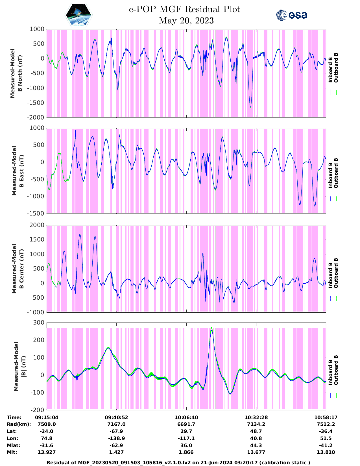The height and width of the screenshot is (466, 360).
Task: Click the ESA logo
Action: coord(291,15)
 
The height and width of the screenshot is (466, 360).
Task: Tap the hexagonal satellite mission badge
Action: coord(78,15)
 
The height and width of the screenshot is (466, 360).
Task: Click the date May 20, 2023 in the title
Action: coord(186,21)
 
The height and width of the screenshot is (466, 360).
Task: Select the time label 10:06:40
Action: coord(186,417)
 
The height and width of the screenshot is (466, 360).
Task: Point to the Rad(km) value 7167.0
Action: coord(116,424)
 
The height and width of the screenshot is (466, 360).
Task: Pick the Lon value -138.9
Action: coord(116,438)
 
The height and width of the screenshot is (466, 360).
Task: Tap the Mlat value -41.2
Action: coord(326,445)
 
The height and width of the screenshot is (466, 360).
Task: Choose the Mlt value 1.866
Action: coord(186,452)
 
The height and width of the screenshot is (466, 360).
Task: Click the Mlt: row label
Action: coord(12,452)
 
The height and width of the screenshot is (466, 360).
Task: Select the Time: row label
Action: coord(14,417)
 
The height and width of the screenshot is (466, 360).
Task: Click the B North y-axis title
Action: coord(16,73)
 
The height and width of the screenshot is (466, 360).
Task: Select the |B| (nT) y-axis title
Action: coord(20,366)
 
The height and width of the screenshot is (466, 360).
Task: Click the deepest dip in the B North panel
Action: coord(250,107)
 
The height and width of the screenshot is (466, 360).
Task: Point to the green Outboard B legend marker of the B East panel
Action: coord(336,199)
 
